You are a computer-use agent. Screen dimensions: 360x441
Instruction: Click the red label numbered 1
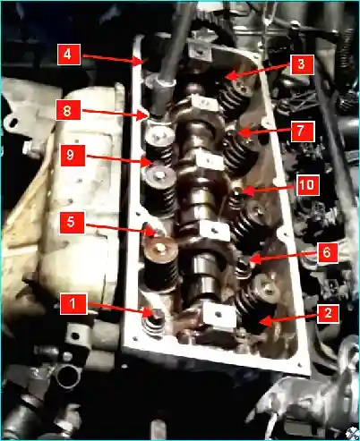coord(73,304)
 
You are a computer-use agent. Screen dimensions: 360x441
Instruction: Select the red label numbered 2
coord(328,313)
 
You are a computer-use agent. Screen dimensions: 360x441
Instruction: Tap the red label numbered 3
coord(301,64)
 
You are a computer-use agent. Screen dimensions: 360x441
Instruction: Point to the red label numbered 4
coord(69,55)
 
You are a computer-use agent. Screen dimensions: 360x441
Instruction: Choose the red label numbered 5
coord(72,223)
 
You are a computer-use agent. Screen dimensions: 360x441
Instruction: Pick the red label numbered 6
coord(328,253)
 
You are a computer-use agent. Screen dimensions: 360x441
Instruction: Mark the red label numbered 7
coord(303,131)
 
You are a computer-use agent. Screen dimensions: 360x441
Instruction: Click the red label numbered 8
coord(68,110)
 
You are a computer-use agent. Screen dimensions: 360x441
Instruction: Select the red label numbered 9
coord(73,156)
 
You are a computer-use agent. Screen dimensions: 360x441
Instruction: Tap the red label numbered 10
coord(308,185)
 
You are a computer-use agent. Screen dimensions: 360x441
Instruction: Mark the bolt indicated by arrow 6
coord(244,262)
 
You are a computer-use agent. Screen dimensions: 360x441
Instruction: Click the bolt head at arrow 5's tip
coord(151,230)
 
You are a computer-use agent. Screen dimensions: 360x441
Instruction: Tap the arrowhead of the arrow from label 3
coord(230,77)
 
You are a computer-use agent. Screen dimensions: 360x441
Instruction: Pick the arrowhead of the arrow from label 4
coord(141,61)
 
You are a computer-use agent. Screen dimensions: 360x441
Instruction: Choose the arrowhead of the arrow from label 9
coord(150,162)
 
